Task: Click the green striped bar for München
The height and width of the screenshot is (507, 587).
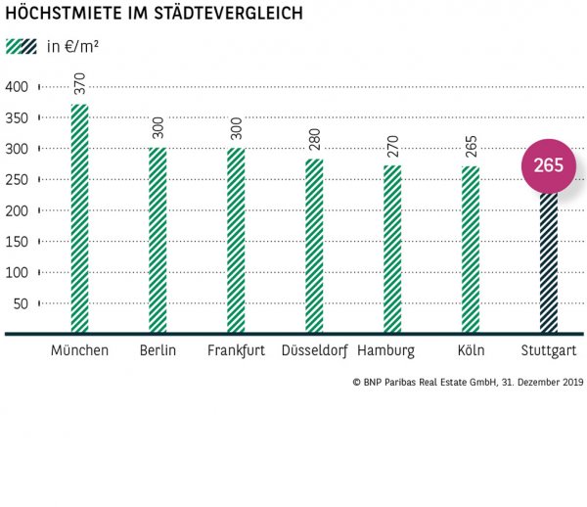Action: [x=79, y=219]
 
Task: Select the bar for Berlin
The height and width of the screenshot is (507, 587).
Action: [x=158, y=241]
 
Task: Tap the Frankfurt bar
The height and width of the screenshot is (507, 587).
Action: [x=236, y=241]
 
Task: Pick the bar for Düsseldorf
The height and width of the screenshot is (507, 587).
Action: [x=314, y=247]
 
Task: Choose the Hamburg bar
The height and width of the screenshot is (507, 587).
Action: [x=392, y=250]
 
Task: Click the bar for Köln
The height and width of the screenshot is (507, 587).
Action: [x=471, y=251]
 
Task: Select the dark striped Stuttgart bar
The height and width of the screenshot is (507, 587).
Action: [x=549, y=264]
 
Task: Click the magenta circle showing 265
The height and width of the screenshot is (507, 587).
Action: [x=549, y=165]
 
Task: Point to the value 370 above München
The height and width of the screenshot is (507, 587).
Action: [x=79, y=83]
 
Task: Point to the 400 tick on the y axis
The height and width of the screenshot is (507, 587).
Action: [x=18, y=87]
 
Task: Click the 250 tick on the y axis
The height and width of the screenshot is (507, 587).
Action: [x=18, y=179]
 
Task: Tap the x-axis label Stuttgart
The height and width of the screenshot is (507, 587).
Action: [x=549, y=350]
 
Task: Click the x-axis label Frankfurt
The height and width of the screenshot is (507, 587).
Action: [x=236, y=350]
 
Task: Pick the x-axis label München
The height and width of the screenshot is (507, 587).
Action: [x=79, y=350]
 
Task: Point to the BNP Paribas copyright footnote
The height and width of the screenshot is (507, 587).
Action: [x=468, y=382]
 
